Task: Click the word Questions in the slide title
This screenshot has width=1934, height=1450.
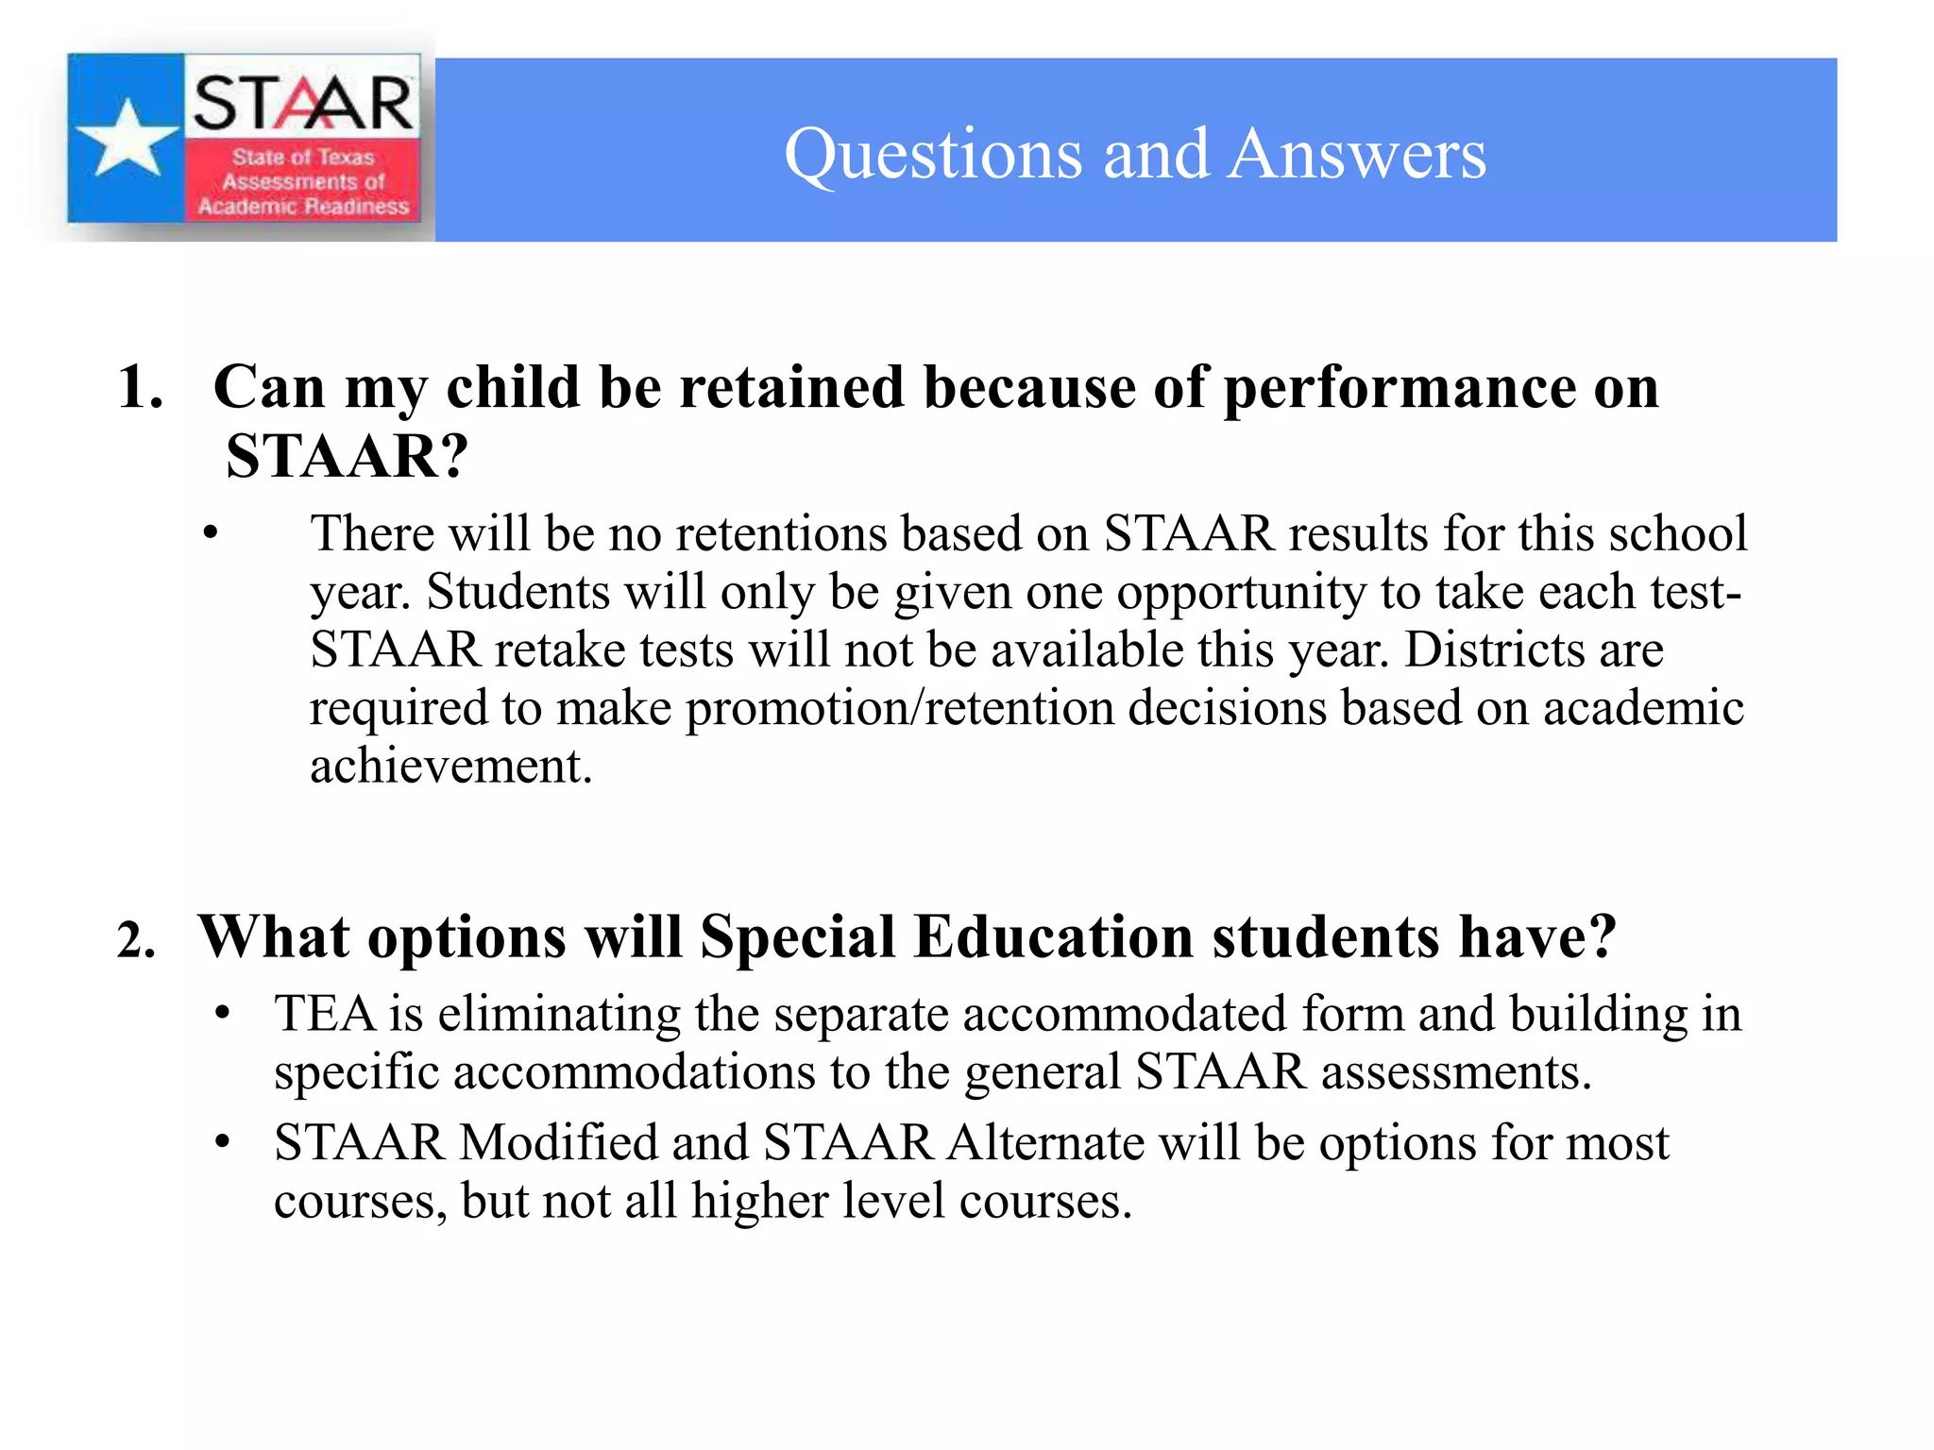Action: [x=933, y=154]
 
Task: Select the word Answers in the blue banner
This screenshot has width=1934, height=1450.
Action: [x=1358, y=154]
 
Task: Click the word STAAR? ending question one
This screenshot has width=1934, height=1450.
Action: [x=347, y=457]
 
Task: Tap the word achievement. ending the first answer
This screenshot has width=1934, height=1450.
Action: [x=450, y=766]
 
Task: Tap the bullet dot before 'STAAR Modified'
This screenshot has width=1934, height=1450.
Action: [x=223, y=1143]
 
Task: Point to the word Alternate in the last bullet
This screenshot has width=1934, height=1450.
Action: [x=1045, y=1143]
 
